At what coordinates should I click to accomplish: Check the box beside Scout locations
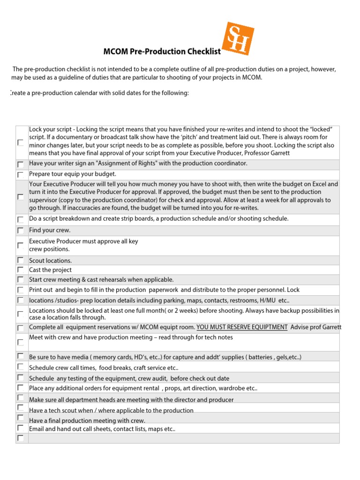click(21, 260)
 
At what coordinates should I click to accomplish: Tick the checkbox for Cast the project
click(21, 270)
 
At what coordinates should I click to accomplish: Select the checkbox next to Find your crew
click(21, 231)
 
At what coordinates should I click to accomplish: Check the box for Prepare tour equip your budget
click(21, 174)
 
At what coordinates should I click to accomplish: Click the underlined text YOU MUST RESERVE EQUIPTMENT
click(242, 327)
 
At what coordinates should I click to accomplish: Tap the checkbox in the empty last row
click(21, 438)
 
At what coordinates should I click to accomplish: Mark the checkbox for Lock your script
click(21, 142)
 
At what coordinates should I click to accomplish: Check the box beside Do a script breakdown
click(21, 219)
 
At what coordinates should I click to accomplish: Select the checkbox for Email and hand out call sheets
click(21, 428)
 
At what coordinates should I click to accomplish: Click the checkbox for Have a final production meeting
click(21, 418)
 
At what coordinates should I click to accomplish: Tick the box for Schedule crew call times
click(21, 367)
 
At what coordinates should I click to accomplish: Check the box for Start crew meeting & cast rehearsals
click(21, 279)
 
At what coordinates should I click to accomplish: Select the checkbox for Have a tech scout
click(21, 408)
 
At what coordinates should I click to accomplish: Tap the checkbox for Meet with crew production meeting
click(21, 342)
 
